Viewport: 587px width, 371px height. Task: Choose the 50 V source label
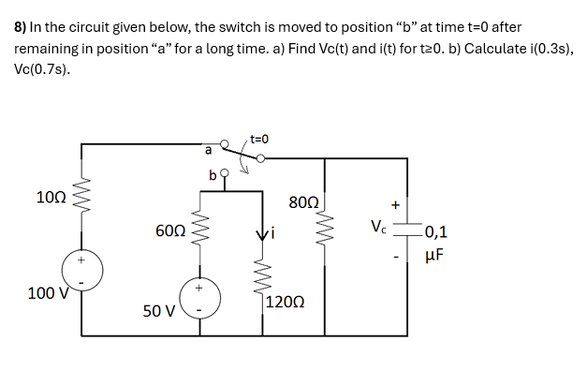[157, 310]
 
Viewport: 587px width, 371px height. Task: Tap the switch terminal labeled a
[210, 148]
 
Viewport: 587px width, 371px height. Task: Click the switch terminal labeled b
[213, 175]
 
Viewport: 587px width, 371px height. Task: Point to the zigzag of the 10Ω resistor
[81, 200]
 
